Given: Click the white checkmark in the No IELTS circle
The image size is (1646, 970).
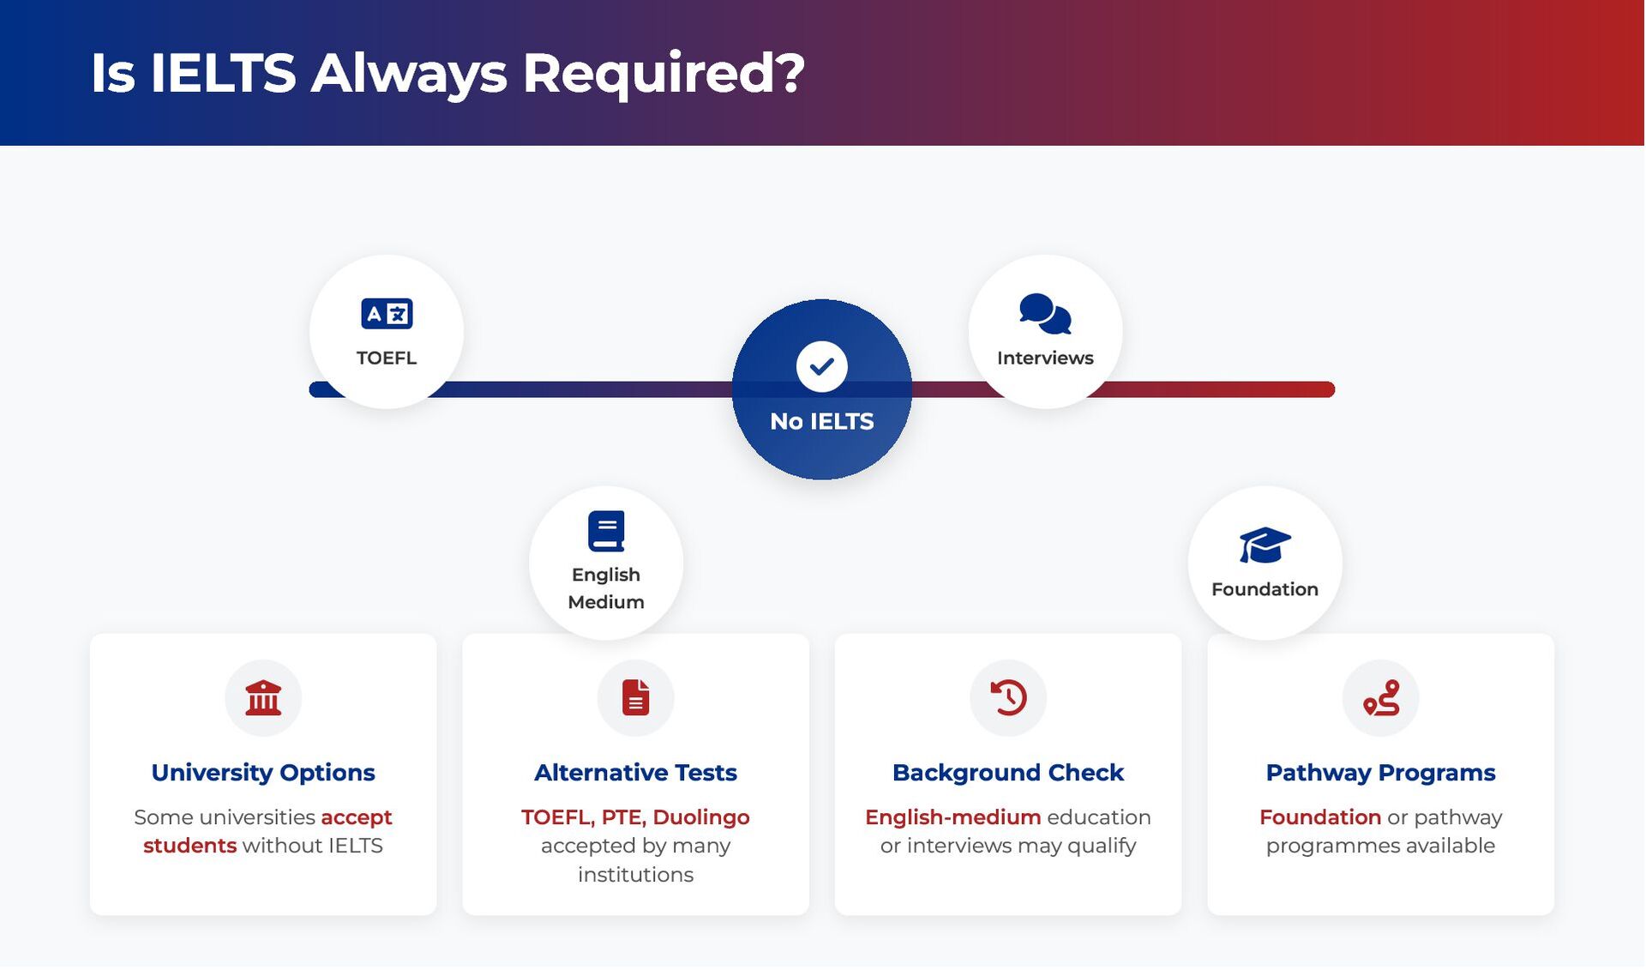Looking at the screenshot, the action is coord(821,367).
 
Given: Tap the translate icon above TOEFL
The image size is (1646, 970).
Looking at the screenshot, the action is coord(387,314).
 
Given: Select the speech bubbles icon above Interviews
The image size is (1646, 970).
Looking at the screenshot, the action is coord(1045,314).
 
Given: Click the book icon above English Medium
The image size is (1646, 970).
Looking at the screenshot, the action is coord(606,531).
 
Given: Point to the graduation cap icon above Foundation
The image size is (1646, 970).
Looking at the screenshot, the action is coord(1265,545).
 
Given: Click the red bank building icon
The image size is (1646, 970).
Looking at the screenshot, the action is coord(263,698).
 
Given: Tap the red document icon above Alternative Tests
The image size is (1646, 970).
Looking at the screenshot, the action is coord(635,698).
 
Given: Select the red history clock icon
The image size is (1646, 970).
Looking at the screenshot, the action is coord(1008,698).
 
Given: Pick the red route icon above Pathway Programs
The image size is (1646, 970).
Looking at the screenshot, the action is coord(1380,698).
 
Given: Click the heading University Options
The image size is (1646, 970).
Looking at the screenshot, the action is coord(263,773).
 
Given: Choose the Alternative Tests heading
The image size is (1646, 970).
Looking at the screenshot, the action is coord(635,773).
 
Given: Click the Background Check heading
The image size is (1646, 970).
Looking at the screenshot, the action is coord(1008,773).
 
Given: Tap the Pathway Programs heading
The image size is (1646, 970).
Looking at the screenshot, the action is coord(1380,773).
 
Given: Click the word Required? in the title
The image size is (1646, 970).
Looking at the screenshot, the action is coord(664,74).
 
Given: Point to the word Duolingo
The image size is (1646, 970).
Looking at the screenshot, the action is coord(701,817).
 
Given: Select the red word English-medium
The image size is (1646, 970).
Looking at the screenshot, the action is coord(952,817).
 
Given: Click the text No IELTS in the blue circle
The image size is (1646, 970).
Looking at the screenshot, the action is coord(821,422).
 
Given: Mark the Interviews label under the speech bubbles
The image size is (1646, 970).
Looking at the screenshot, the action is coord(1045,358).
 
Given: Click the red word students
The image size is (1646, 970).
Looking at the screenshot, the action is coord(189,846).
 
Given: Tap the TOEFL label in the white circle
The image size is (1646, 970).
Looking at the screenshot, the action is coord(387,358).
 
